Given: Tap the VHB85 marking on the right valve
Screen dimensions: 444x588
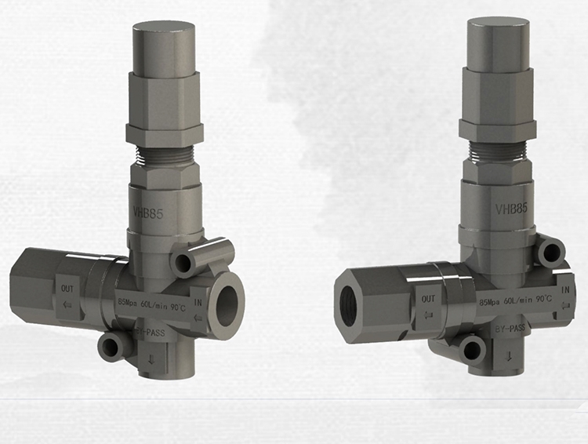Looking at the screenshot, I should coord(510,209).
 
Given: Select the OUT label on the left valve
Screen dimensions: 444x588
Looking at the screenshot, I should coord(68,288).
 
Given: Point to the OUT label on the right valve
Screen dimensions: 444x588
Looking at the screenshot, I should coord(428,299).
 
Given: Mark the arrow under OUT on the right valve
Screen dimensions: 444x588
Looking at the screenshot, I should coord(428,315).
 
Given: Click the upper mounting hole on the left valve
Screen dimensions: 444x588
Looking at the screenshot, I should coord(186,262).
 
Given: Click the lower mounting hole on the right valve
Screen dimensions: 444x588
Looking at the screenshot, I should coord(471,349).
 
